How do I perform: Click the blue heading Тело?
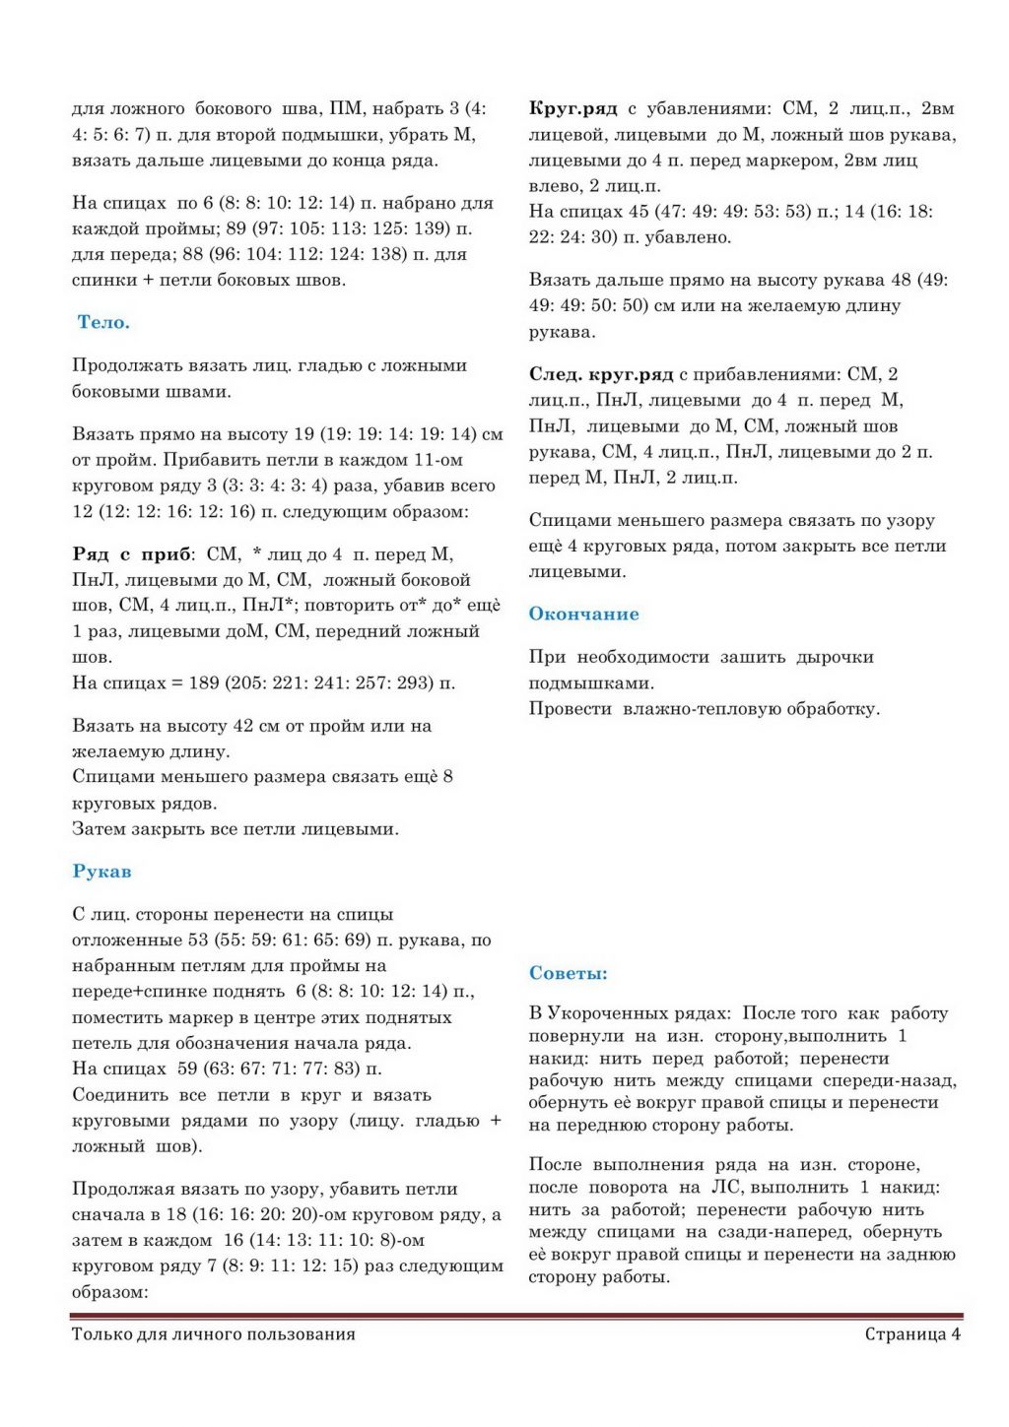[x=103, y=322]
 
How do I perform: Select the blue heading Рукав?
[x=101, y=872]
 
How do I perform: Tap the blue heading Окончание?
[x=583, y=615]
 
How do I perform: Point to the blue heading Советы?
[x=568, y=974]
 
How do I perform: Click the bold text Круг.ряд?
[x=572, y=108]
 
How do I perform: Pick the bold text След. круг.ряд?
[x=601, y=374]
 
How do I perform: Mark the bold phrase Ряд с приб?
[x=131, y=554]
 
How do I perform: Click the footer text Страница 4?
[x=912, y=1334]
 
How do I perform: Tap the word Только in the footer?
[x=103, y=1334]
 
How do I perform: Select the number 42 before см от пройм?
[x=243, y=726]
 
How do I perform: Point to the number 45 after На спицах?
[x=639, y=211]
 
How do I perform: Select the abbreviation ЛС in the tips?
[x=727, y=1188]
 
